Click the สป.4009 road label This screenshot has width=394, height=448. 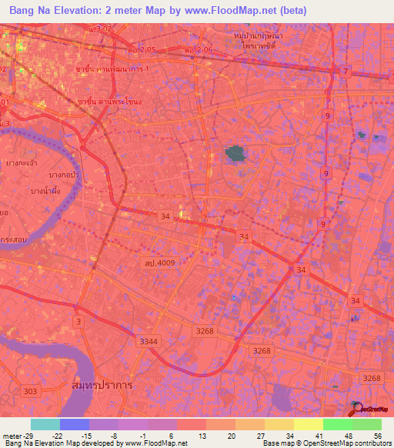click(158, 263)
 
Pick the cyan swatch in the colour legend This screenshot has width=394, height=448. click(45, 424)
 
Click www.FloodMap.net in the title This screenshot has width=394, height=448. click(230, 11)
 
